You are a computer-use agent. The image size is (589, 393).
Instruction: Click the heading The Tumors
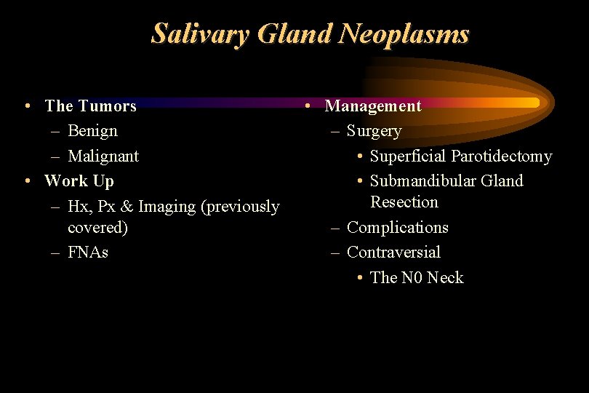click(90, 106)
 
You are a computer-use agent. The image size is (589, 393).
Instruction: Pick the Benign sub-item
click(92, 131)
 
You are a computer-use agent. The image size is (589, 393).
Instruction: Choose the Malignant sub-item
click(103, 156)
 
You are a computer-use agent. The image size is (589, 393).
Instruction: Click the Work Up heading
click(79, 180)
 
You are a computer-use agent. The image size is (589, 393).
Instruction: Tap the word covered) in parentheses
click(97, 228)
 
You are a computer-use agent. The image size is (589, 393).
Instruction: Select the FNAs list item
click(87, 253)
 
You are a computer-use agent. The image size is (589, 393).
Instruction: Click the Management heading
click(372, 106)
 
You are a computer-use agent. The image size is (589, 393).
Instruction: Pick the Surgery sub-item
click(374, 131)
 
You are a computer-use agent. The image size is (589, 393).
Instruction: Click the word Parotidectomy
click(501, 156)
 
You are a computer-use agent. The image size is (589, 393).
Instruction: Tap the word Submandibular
click(422, 181)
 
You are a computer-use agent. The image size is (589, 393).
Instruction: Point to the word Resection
click(404, 202)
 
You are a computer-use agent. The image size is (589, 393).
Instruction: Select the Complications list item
click(397, 228)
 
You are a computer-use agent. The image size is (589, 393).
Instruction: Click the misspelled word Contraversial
click(393, 253)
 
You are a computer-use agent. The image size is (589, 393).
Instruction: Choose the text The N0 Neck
click(416, 278)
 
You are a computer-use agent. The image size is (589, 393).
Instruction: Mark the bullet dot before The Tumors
click(26, 106)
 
